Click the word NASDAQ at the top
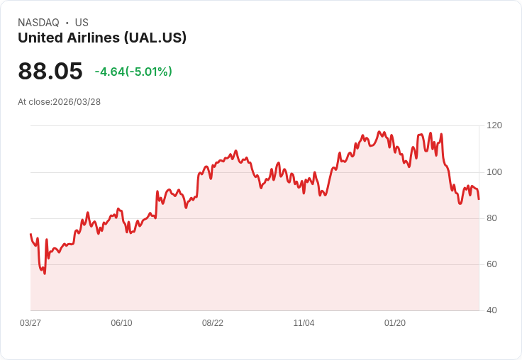pos(38,23)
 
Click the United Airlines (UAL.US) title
pos(102,38)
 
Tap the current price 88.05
pos(50,72)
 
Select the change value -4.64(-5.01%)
pos(133,72)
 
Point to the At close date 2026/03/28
pos(77,102)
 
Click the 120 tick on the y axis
pos(494,125)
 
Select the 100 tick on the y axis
pos(494,172)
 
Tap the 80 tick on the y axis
pos(492,218)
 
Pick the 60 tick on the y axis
pos(492,264)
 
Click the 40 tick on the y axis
pos(492,310)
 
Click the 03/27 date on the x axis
pos(30,323)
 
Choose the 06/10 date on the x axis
pos(121,323)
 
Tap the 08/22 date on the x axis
pos(213,323)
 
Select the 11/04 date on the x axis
pos(304,323)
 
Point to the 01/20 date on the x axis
pos(395,323)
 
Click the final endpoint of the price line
pos(479,199)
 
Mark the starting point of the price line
pos(30,234)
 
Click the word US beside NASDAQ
pos(82,23)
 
